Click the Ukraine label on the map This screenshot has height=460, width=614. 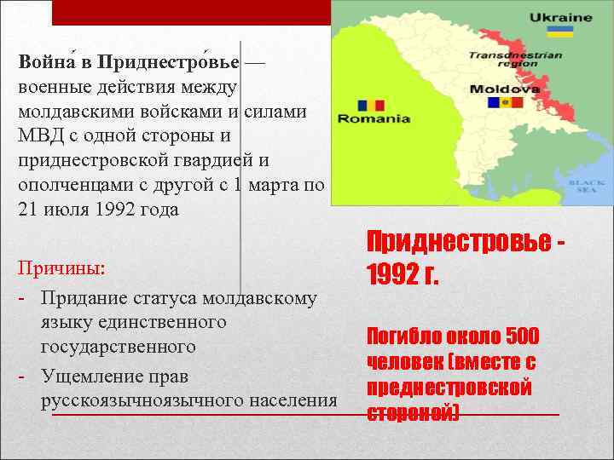tap(560, 17)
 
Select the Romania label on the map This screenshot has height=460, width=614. tap(374, 119)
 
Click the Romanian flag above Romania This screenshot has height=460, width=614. tap(372, 105)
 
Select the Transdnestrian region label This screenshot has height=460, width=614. tap(515, 59)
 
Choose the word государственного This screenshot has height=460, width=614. tap(119, 347)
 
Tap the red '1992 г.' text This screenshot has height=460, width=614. tap(402, 275)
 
